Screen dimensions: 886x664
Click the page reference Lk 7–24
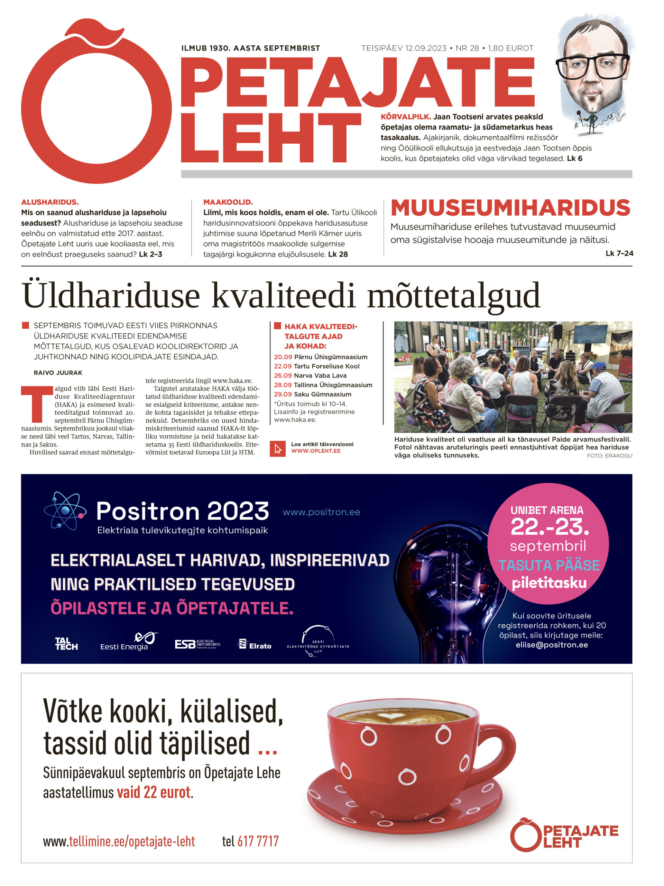click(619, 253)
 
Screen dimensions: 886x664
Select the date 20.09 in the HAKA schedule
click(283, 357)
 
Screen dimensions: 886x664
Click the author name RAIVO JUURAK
click(58, 373)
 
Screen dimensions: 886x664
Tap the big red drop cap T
click(37, 404)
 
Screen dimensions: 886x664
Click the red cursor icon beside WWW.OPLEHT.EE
click(278, 449)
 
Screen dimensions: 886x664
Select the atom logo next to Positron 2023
click(65, 511)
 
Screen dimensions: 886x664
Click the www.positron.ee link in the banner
click(321, 512)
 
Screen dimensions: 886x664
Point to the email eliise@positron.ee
click(552, 644)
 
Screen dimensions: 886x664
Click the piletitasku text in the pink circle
click(549, 583)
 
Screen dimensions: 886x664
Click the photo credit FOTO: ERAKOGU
click(609, 456)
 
